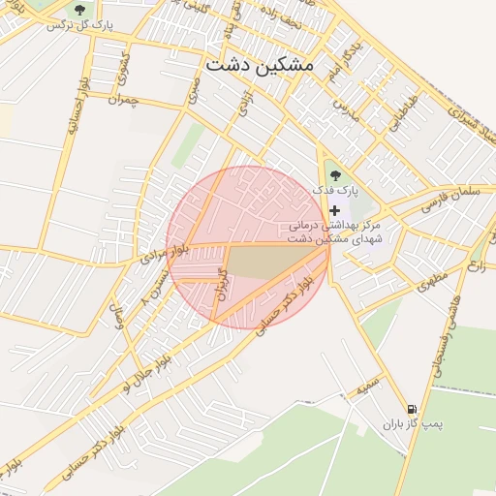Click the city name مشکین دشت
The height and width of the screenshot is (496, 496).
(x=260, y=65)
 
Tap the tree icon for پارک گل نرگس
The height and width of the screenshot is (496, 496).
(x=79, y=9)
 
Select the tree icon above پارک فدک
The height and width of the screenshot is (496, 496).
(x=335, y=175)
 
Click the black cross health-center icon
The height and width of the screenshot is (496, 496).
(x=335, y=210)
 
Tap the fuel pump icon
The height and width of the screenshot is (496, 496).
(x=414, y=409)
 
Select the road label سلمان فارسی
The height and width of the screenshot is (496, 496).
(x=451, y=193)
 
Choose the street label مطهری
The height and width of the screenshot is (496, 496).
(x=427, y=282)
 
